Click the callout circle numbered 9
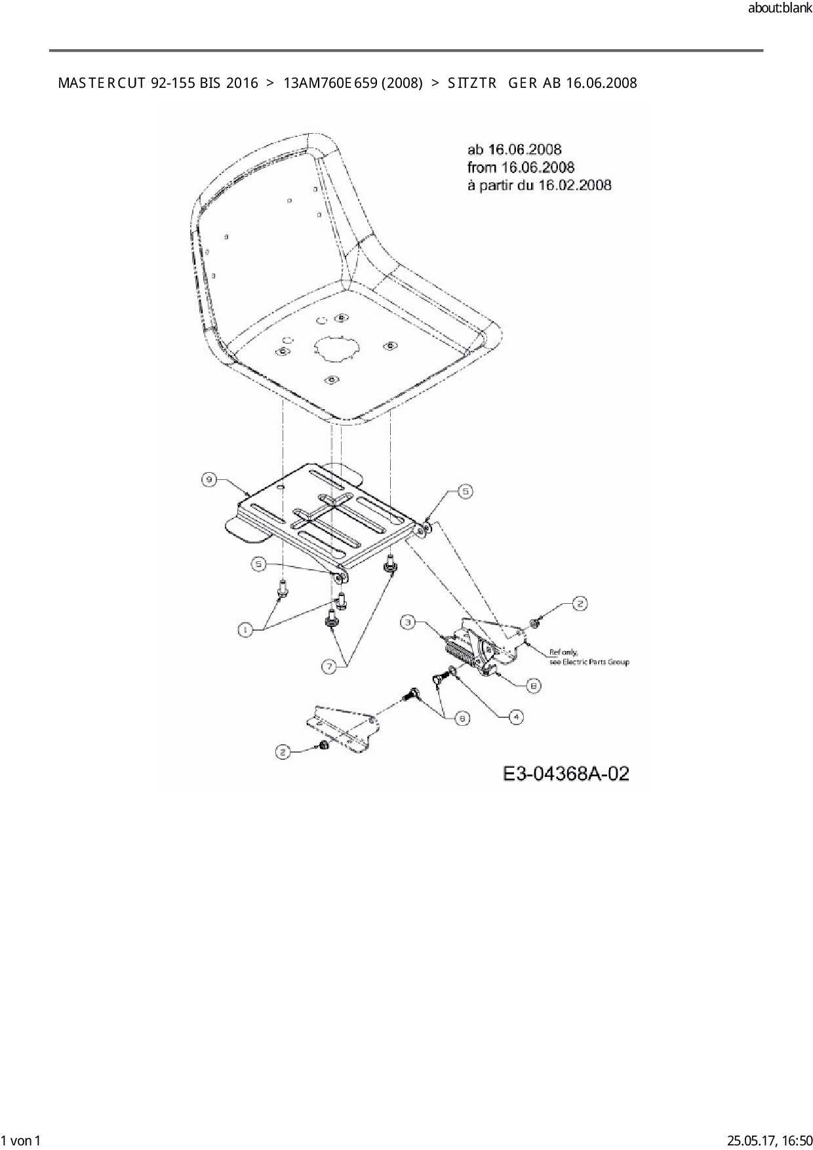pyautogui.click(x=208, y=480)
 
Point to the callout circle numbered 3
pyautogui.click(x=408, y=622)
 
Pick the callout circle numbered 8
pyautogui.click(x=534, y=685)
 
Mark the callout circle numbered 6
pyautogui.click(x=462, y=718)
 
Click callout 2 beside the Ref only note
pyautogui.click(x=580, y=603)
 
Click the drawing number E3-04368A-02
pyautogui.click(x=566, y=774)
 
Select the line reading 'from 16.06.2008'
pyautogui.click(x=521, y=167)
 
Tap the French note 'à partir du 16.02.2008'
pyautogui.click(x=539, y=185)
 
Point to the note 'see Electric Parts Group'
pyautogui.click(x=589, y=662)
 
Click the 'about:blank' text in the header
pyautogui.click(x=780, y=9)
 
